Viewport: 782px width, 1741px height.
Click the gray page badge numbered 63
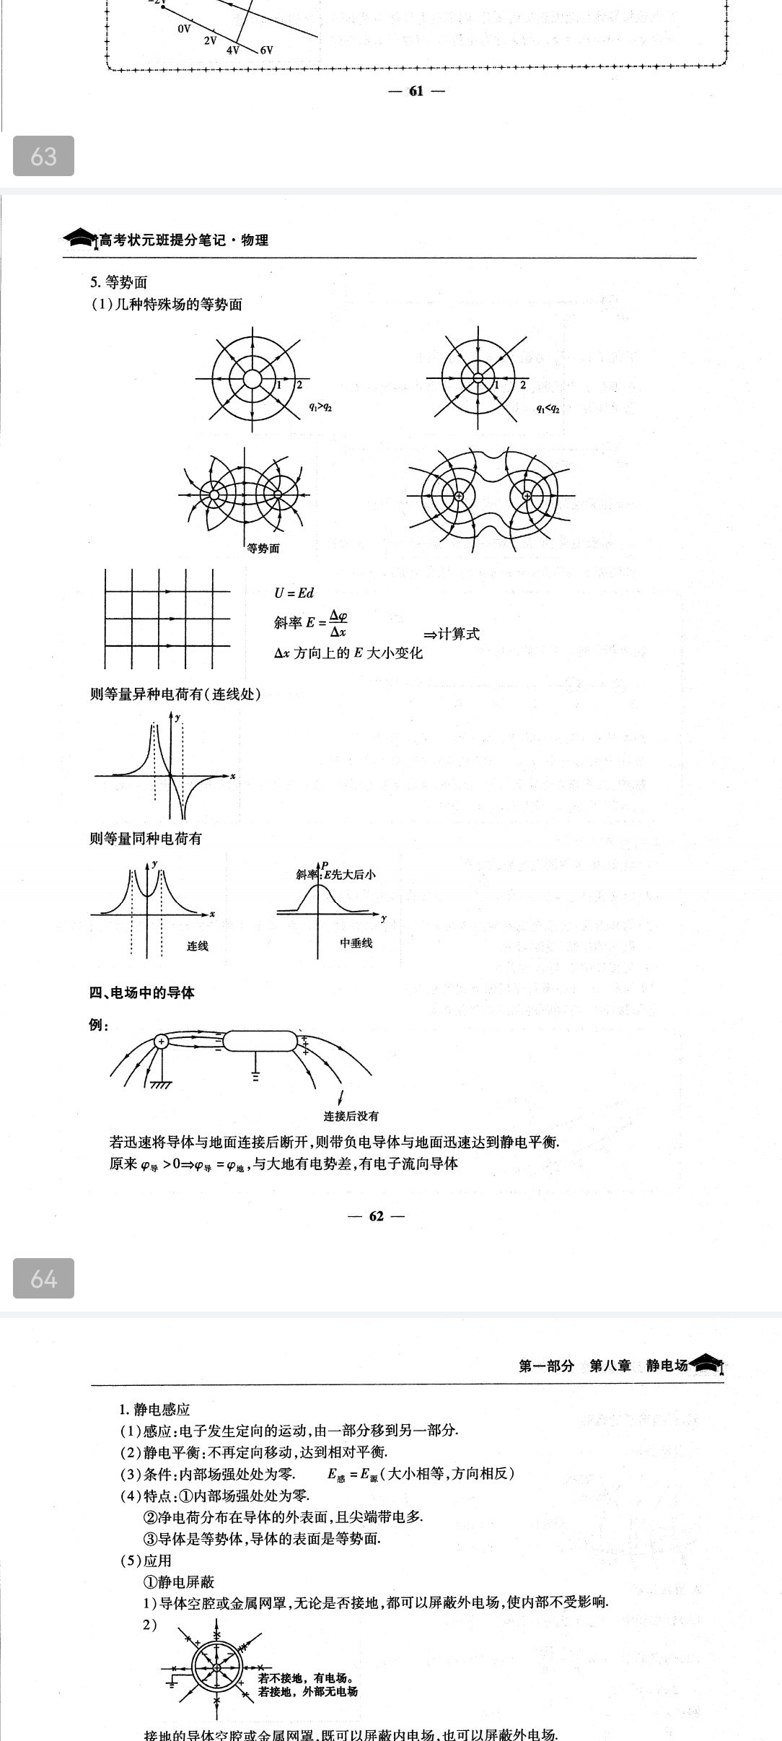(43, 156)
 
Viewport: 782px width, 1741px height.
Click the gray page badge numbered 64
(43, 1278)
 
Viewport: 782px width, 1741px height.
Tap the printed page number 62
(377, 1216)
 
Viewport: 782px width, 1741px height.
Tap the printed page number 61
(416, 91)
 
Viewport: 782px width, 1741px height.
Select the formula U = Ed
(294, 593)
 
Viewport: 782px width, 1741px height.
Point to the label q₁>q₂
(320, 407)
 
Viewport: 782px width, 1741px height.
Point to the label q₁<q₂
(548, 408)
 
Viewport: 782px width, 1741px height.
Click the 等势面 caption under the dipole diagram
(263, 549)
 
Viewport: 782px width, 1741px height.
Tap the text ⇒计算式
(451, 634)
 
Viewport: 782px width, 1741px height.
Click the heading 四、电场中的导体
(142, 993)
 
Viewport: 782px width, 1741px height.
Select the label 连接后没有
(351, 1116)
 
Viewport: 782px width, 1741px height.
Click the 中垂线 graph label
(356, 943)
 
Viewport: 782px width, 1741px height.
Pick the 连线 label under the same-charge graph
(198, 946)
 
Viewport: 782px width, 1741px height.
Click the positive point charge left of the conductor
(162, 1041)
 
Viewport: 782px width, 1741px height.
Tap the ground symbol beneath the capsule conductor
(255, 1075)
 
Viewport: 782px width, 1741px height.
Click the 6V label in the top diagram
(266, 51)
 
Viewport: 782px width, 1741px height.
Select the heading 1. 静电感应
(154, 1409)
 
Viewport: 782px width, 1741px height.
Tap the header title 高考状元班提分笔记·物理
(183, 240)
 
